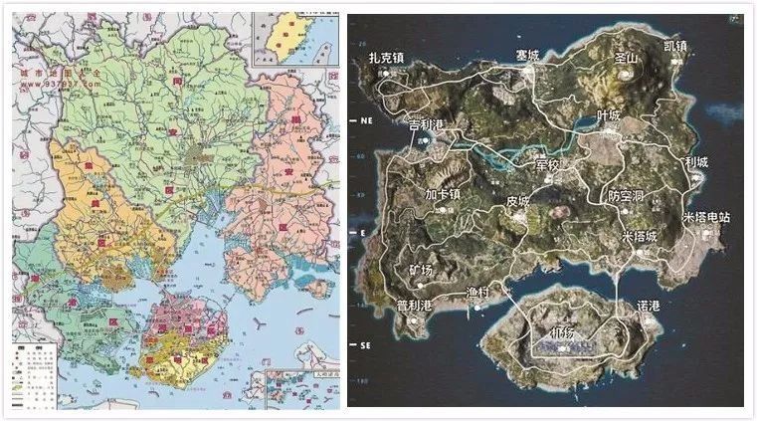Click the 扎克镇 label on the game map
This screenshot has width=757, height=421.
[385, 60]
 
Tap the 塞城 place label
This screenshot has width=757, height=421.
[527, 56]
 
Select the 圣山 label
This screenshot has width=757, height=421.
[626, 58]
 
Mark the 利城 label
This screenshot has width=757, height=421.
[696, 162]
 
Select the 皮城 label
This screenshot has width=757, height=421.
[518, 200]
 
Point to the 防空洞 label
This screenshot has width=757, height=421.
[628, 198]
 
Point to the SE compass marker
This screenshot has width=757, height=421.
[363, 345]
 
